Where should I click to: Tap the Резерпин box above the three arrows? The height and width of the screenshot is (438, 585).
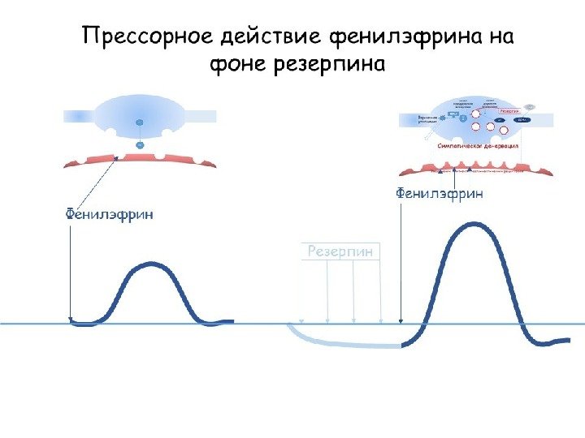coord(341,251)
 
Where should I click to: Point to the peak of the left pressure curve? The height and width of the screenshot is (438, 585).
coord(150,264)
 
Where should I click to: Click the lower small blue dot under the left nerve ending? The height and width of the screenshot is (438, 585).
coord(139,145)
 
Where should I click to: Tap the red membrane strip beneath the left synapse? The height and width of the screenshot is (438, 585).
coord(140,157)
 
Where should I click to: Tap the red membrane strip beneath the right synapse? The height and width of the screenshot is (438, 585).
coord(479,169)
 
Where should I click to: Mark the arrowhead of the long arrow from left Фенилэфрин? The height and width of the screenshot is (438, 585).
coord(71,319)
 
